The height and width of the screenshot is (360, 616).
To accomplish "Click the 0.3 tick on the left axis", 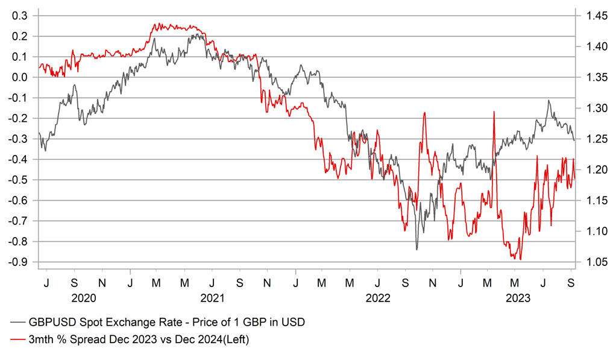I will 20,15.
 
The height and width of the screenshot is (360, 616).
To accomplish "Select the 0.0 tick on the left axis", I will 20,77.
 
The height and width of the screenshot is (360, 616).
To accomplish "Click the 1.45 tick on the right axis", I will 594,15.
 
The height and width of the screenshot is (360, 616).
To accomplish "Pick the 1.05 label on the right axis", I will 594,262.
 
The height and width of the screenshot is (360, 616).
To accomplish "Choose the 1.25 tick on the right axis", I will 594,139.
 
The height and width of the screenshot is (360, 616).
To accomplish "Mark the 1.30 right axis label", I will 594,108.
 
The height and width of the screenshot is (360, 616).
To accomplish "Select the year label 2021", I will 212,298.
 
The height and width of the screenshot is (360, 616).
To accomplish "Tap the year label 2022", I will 379,298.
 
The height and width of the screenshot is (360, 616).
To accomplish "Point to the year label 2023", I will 518,298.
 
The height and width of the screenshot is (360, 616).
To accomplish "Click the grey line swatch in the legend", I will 19,323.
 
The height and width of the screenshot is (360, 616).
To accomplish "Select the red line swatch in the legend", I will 19,340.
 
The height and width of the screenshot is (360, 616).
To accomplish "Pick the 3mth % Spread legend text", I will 139,340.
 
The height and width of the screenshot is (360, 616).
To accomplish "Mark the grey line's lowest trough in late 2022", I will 416,249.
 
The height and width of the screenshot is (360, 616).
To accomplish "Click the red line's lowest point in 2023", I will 520,259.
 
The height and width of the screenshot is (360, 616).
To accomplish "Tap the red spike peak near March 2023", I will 494,112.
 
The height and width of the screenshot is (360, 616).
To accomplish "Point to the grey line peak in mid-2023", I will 548,101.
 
